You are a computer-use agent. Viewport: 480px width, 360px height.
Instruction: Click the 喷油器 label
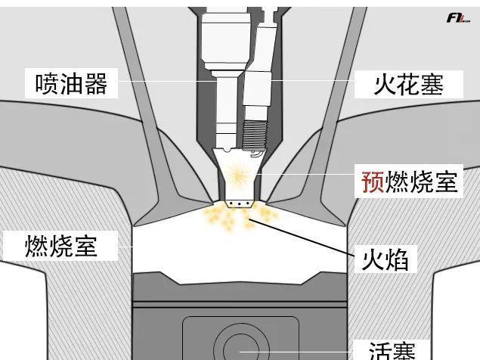click(x=72, y=82)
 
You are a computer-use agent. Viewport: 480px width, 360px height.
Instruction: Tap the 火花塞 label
click(x=407, y=82)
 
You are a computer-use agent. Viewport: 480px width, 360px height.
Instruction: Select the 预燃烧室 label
click(x=409, y=182)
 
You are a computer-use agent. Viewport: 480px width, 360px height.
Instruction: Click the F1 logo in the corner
click(x=458, y=17)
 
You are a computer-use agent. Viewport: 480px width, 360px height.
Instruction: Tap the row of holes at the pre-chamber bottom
click(x=238, y=203)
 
